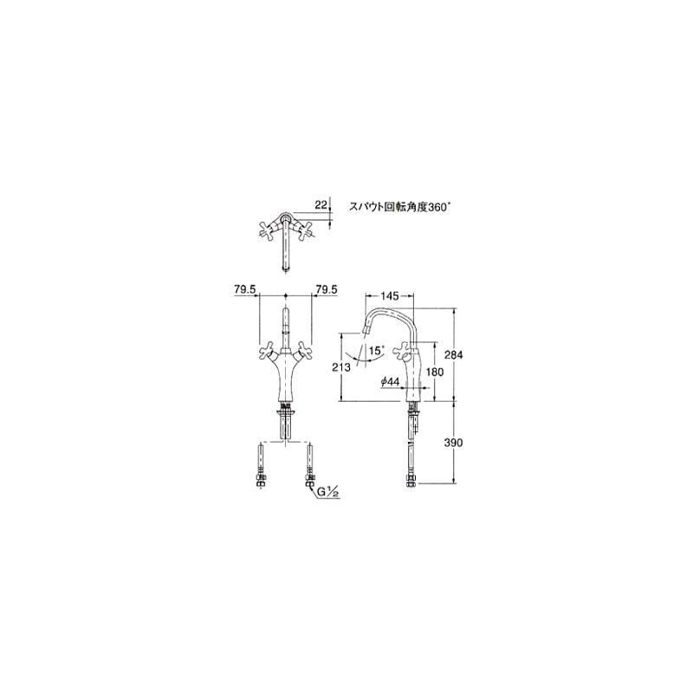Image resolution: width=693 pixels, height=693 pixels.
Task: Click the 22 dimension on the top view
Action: [321, 204]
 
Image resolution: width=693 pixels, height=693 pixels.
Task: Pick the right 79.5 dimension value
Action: [327, 290]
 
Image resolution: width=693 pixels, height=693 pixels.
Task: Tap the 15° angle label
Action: [376, 350]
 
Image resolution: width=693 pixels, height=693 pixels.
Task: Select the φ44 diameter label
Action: [389, 381]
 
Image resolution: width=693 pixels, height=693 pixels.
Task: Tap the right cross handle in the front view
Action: [304, 350]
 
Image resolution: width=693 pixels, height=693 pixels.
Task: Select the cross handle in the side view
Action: [405, 351]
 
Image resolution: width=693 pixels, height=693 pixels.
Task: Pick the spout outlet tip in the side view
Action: [365, 327]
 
